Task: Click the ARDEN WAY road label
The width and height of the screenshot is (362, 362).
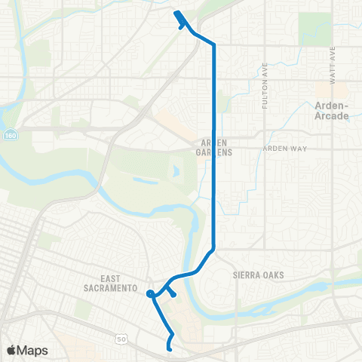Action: pos(284,149)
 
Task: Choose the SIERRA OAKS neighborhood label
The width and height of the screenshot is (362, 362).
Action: pos(258,275)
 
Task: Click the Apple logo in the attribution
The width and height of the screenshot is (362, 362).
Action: pos(11,350)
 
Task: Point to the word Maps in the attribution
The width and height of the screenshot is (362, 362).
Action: pos(32,350)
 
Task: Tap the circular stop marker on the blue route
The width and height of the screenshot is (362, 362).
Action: pos(151,293)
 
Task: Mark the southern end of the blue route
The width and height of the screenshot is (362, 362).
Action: pos(169,348)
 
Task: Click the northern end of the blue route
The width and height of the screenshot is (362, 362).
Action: pos(176,13)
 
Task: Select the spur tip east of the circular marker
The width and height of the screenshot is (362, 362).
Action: pos(174,295)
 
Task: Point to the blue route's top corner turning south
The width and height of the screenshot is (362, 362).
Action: pos(214,45)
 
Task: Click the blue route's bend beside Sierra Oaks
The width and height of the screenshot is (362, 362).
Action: pos(214,248)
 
